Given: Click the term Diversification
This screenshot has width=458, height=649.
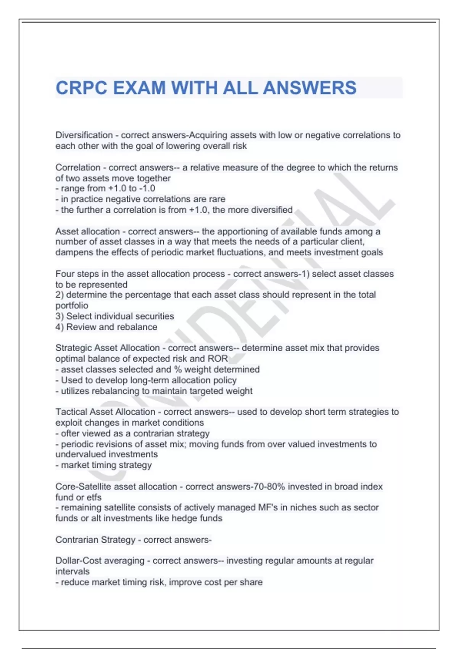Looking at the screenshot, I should (x=84, y=135).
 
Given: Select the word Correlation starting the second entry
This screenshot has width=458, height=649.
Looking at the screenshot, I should (x=78, y=167).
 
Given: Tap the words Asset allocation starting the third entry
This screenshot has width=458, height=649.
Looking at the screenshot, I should (x=87, y=231).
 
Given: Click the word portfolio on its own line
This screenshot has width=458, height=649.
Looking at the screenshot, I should (x=72, y=305).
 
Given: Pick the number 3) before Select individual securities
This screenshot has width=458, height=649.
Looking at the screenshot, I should (x=60, y=316).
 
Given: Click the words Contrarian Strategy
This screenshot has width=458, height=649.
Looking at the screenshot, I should (x=95, y=539).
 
